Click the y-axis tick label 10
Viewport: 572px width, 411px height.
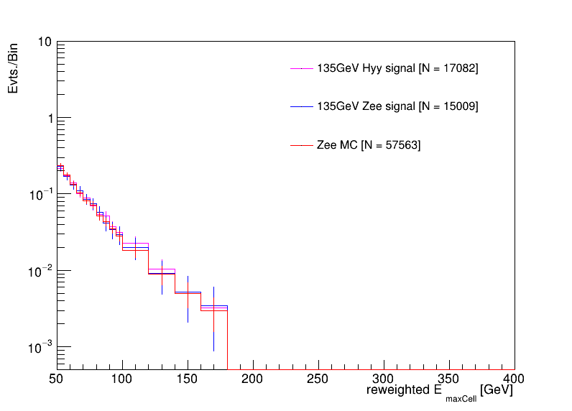44,42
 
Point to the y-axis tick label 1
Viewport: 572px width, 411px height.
47,119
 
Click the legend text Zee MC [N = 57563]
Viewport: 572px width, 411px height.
369,145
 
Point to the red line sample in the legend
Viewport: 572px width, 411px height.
300,145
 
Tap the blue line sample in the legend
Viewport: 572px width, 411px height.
300,106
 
